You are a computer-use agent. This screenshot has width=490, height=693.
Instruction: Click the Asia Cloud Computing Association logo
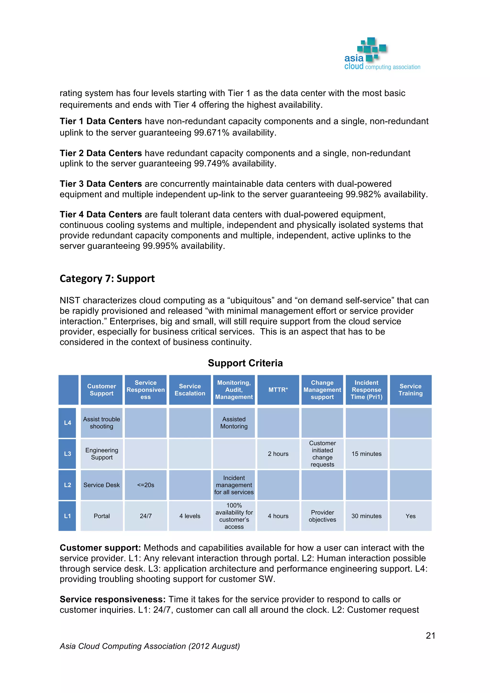pyautogui.click(x=381, y=54)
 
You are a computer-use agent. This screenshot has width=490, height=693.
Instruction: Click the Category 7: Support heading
pyautogui.click(x=107, y=278)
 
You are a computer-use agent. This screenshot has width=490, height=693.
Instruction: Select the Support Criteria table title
pyautogui.click(x=245, y=363)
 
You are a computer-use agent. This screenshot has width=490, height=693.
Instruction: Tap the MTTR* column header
pyautogui.click(x=278, y=390)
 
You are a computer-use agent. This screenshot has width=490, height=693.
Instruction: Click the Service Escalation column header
pyautogui.click(x=190, y=390)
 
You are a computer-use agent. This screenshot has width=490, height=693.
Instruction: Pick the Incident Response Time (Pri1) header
pyautogui.click(x=366, y=390)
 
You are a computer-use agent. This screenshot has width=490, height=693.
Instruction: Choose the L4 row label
pyautogui.click(x=67, y=423)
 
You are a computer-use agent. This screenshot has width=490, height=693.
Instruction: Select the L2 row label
pyautogui.click(x=67, y=485)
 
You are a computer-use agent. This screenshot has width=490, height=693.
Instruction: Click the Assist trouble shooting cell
pyautogui.click(x=101, y=423)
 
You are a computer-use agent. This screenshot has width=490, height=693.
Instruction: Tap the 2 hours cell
pyautogui.click(x=278, y=454)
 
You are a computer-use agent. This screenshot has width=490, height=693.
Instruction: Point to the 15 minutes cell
pyautogui.click(x=366, y=454)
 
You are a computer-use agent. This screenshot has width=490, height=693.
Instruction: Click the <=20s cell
pyautogui.click(x=145, y=485)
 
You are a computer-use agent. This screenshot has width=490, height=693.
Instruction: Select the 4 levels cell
pyautogui.click(x=190, y=516)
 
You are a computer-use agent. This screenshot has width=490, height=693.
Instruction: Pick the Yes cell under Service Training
pyautogui.click(x=410, y=516)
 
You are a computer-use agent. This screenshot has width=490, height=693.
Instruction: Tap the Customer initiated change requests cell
pyautogui.click(x=322, y=454)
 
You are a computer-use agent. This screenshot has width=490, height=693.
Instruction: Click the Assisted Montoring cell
pyautogui.click(x=234, y=423)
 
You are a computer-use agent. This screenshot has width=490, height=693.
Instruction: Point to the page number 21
pyautogui.click(x=430, y=636)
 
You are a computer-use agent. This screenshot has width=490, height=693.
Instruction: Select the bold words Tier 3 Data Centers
pyautogui.click(x=100, y=184)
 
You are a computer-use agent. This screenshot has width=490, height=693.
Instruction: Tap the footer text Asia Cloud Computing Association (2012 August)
pyautogui.click(x=150, y=646)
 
